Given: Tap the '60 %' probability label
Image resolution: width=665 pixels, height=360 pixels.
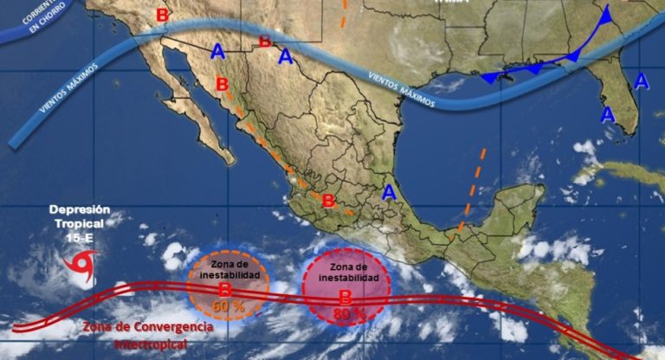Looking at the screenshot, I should (x=225, y=306).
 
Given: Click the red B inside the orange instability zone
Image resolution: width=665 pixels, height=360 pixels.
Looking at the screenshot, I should (x=223, y=290).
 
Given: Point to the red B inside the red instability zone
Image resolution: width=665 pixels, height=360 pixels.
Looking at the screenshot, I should (x=345, y=297).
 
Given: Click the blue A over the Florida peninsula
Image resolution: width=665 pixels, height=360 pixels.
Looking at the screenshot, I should (x=608, y=114).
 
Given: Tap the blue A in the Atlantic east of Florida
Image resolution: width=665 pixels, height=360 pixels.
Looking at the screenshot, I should (x=642, y=81).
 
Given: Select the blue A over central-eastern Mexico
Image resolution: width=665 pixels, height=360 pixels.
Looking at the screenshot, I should (x=390, y=191).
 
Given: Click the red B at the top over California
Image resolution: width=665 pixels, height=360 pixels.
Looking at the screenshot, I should (x=162, y=15).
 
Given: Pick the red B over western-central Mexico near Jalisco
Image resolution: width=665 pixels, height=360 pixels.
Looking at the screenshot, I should (x=328, y=202).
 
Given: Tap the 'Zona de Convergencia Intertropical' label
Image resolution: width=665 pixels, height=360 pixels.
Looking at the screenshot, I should (x=147, y=336).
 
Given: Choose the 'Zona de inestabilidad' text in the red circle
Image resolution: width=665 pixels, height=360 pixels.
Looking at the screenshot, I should (x=346, y=273).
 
